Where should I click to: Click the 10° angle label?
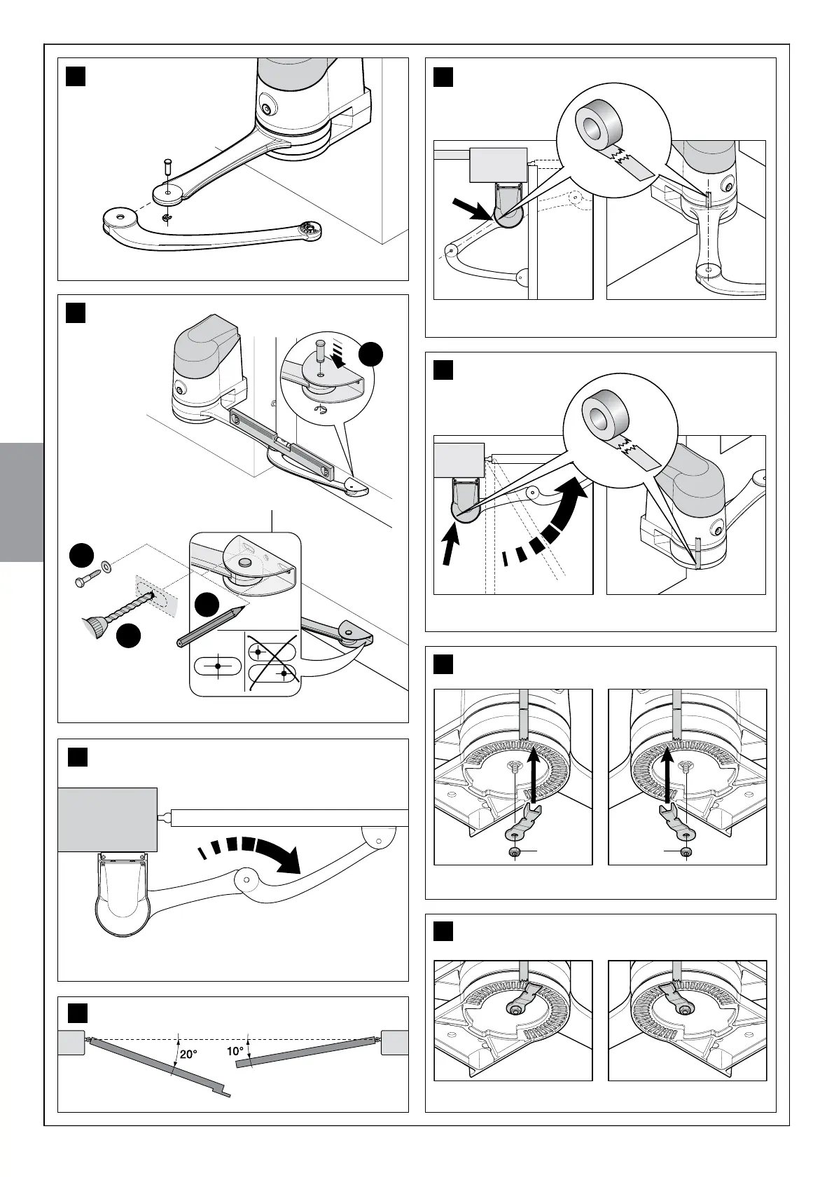235,1051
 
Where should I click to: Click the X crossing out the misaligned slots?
271,662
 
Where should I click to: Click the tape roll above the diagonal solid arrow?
599,120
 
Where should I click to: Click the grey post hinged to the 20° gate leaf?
71,1042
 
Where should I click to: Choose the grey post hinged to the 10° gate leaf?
395,1042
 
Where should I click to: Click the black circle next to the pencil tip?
206,605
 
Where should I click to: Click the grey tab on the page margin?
22,501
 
